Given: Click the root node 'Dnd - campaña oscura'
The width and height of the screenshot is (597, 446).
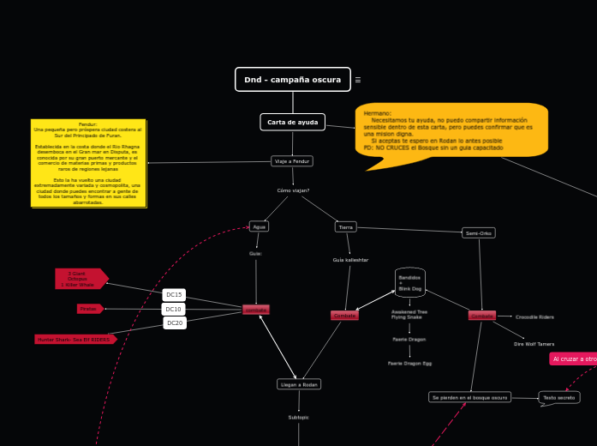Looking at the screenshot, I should tap(292, 80).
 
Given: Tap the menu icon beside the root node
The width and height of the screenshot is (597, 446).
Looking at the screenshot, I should tap(358, 80).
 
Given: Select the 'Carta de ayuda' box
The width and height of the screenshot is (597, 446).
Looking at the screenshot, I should tap(292, 122).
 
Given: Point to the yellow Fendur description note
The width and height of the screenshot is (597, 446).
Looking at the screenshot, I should tap(89, 163).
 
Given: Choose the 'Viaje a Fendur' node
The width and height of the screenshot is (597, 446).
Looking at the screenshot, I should tap(292, 161).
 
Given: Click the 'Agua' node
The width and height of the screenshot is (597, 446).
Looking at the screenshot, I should tap(259, 226).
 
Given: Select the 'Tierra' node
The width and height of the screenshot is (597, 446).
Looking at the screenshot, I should tap(346, 227).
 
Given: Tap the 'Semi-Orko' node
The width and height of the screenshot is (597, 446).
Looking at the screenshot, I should tap(478, 232).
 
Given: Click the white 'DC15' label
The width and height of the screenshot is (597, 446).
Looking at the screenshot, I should tap(174, 294).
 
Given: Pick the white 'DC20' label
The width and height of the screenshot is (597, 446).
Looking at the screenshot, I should tap(174, 322).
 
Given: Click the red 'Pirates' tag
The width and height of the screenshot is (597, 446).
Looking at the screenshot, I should tap(89, 309).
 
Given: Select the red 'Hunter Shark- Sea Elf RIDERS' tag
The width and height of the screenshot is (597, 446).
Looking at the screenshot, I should tap(75, 340).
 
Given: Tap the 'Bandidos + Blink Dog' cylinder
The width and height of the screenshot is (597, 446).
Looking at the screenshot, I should tap(410, 283).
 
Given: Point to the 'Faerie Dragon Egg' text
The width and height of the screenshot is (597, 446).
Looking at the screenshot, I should tap(409, 364).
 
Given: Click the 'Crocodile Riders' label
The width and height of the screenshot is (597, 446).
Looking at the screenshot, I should tap(534, 316).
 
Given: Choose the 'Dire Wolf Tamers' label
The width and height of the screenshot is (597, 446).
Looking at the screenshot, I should tap(534, 344).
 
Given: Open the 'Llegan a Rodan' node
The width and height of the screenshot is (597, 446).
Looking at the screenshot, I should tap(299, 384).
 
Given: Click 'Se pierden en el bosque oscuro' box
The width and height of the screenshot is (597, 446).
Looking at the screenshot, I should tap(469, 397).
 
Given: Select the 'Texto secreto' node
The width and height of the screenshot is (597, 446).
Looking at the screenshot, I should tap(558, 397).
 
